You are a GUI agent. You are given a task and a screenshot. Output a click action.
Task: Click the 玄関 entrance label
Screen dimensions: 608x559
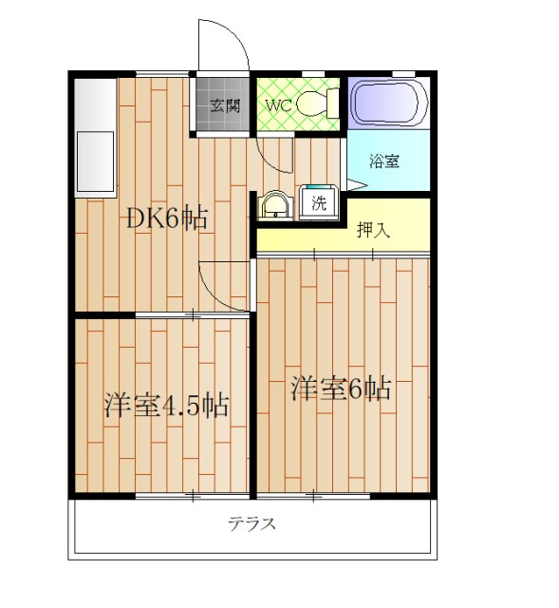(x=224, y=105)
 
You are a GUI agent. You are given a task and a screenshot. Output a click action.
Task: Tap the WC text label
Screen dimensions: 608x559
(x=277, y=105)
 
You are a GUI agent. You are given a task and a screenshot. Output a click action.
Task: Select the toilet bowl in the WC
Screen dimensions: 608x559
(x=313, y=104)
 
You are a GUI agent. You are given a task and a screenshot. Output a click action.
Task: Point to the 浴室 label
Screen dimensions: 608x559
(x=384, y=161)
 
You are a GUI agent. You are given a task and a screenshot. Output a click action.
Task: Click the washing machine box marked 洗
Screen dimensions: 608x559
(x=320, y=201)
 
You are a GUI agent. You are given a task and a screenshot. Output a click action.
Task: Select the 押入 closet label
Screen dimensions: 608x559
(x=373, y=229)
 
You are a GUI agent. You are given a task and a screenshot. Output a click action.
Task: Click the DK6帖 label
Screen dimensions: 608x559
(x=168, y=218)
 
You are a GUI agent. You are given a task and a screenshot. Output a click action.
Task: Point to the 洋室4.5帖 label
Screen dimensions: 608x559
(x=165, y=406)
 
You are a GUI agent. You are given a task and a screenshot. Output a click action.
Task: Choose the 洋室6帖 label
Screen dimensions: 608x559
(x=342, y=389)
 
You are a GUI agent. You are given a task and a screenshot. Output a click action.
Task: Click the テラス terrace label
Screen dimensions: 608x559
(x=252, y=523)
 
